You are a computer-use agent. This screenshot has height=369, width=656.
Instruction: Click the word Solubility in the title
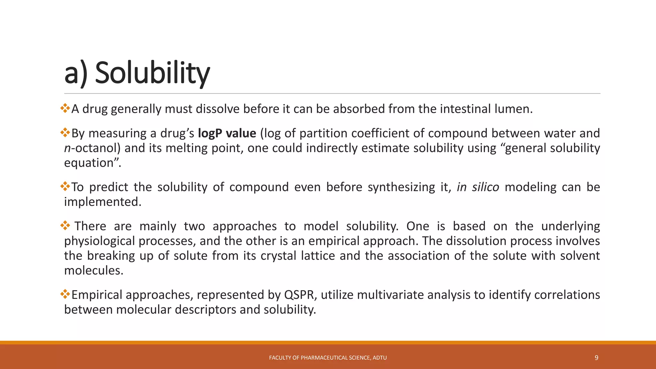[x=152, y=73]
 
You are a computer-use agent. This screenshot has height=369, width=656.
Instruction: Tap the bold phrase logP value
[x=227, y=133]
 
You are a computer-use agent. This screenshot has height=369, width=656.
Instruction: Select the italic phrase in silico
[x=478, y=187]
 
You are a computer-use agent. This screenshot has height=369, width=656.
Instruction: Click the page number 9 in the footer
[x=596, y=358]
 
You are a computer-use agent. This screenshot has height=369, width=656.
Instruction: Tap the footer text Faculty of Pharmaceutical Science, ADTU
[x=328, y=358]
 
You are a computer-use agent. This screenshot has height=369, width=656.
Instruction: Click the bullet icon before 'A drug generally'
[x=65, y=108]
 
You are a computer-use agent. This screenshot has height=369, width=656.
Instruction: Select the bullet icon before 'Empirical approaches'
[x=65, y=294]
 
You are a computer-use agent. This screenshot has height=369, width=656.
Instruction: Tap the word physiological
[x=99, y=241]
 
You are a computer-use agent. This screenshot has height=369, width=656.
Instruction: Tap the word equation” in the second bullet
[x=92, y=163]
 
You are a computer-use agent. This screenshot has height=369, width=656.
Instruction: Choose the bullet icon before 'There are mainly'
[x=65, y=225]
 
